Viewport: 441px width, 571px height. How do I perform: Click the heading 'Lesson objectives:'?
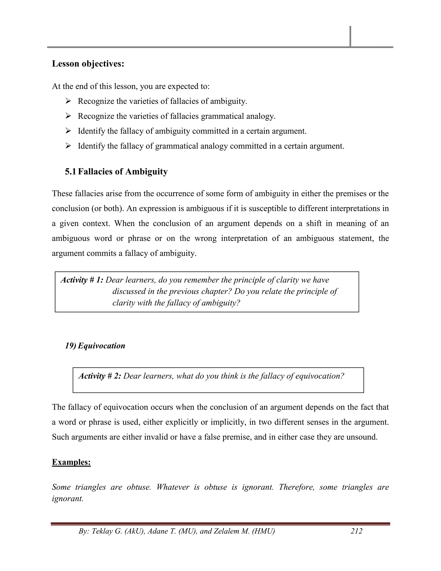click(88, 64)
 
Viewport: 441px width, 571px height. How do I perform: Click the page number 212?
click(356, 531)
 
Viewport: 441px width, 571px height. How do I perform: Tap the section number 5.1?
click(70, 172)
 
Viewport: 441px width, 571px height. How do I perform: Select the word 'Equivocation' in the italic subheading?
click(101, 346)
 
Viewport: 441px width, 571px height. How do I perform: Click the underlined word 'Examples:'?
click(71, 462)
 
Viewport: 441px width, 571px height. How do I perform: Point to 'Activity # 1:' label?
click(82, 280)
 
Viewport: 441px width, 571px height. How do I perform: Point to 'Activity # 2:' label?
click(100, 376)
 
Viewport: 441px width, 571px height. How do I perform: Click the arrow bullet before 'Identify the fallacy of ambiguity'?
click(68, 131)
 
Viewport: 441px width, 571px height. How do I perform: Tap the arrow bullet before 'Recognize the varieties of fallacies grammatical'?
click(68, 116)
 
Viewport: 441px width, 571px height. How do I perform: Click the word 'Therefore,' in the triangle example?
click(296, 487)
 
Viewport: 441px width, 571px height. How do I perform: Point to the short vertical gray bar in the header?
click(350, 36)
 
